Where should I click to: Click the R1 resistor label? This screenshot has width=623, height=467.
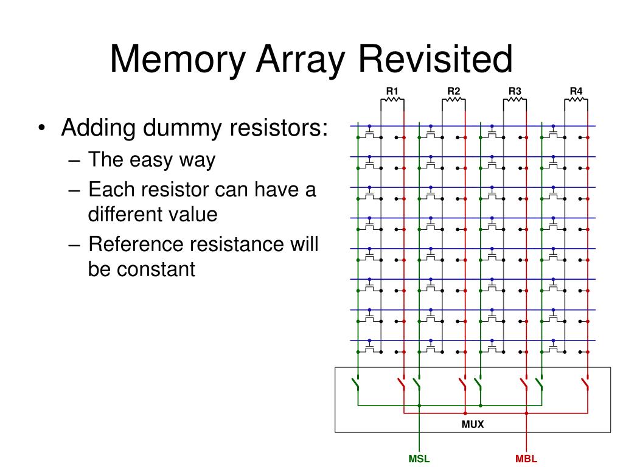coord(392,92)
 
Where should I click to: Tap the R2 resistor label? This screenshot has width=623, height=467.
coord(454,92)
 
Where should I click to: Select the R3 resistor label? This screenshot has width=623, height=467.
coord(515,92)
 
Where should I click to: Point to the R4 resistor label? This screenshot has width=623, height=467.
coord(576,92)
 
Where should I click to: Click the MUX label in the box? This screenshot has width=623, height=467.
coord(473,424)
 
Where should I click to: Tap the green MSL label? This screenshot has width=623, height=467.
coord(419,459)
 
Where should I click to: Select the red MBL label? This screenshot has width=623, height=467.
coord(526,459)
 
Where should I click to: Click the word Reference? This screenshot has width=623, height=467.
coord(136,244)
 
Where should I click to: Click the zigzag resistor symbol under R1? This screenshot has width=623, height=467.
coord(392,100)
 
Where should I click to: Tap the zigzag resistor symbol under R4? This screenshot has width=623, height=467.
coord(576,100)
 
